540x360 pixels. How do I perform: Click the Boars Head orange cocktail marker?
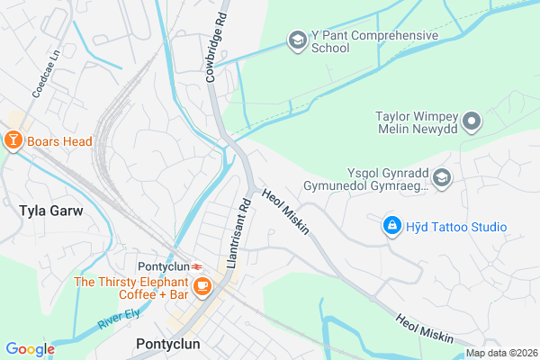point(13,140)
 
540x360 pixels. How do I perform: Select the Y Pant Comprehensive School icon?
point(297,40)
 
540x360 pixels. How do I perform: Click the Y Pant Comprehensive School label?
point(374,42)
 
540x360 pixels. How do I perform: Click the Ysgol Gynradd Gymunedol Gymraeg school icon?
point(442,179)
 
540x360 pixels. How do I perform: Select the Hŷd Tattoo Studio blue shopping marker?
point(391,225)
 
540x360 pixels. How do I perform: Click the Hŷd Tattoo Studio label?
point(455,226)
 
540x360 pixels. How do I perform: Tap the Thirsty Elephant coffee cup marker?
point(203,286)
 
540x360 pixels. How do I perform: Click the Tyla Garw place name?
point(50,211)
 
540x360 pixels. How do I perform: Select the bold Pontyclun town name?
point(167,344)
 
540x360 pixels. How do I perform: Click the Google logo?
point(31,349)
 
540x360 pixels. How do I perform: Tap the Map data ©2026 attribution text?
point(499,353)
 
